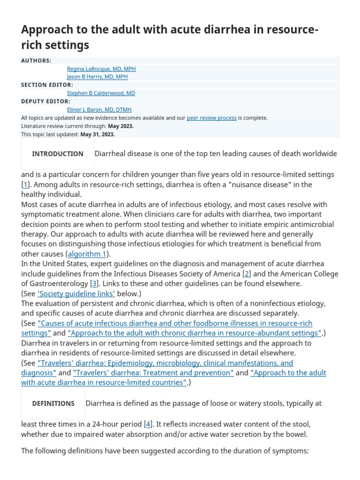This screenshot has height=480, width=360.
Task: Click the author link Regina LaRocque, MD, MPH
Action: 101,68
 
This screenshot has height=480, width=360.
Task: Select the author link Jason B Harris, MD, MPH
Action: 97,76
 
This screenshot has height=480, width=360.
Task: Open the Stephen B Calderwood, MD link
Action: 101,93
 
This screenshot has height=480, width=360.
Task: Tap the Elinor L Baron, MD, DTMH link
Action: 99,109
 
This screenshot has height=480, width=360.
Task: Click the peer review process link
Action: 211,118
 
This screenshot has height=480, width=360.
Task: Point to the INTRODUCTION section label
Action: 58,154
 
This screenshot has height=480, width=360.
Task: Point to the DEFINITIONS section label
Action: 53,404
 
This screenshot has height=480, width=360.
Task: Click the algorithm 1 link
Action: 87,254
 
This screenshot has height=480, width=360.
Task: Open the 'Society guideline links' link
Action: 76,293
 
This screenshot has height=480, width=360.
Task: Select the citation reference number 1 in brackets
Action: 25,185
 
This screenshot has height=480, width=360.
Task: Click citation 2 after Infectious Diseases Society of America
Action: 247,274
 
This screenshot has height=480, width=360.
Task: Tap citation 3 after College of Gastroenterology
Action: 94,284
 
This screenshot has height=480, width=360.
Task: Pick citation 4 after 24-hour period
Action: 149,424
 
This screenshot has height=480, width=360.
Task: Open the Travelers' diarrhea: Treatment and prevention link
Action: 153,373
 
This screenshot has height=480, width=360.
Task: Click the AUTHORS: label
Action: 36,60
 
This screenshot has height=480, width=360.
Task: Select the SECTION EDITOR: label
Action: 47,85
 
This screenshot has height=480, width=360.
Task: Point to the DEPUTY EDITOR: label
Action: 45,101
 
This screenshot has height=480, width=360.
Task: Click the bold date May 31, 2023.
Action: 97,134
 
